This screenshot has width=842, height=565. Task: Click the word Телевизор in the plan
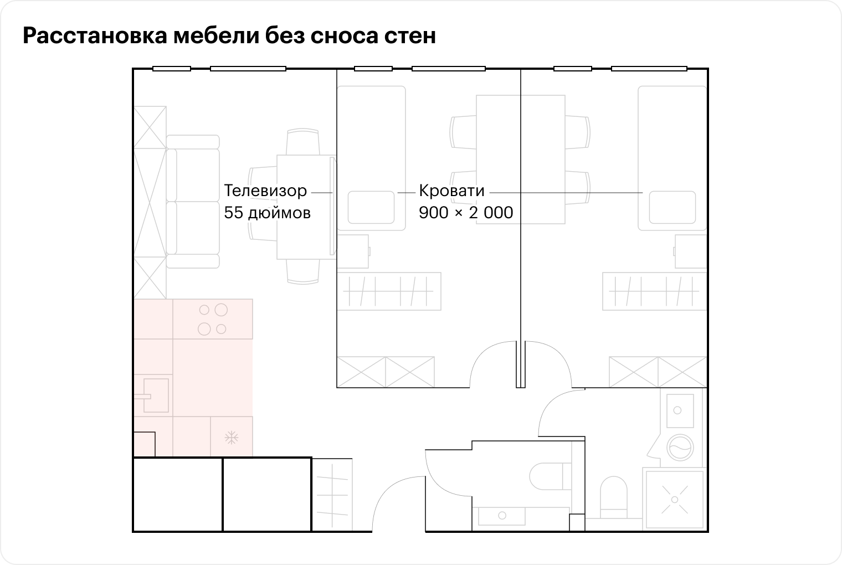pos(265,191)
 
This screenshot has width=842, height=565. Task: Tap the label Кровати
pos(451,191)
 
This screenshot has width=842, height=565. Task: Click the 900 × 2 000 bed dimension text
pos(466,213)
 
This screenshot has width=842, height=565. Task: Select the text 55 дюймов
pos(267,213)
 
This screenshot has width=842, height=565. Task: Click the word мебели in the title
pos(216,35)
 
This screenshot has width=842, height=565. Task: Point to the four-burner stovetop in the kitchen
pos(213,319)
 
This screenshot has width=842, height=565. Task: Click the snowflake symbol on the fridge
pos(231,438)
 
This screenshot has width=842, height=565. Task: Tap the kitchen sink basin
pos(156,395)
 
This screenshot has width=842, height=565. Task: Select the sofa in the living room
pos(193,202)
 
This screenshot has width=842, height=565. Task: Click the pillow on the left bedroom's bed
pos(371,207)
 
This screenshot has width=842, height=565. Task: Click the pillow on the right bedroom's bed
pos(672,207)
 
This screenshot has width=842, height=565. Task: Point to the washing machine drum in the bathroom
pos(680,448)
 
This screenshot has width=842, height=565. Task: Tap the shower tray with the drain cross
pos(675,500)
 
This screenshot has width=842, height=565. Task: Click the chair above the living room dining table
pos(303,142)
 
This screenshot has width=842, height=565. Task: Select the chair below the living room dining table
pos(303,271)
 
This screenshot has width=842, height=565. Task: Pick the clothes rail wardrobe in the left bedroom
pos(389,291)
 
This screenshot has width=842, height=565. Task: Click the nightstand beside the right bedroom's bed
pos(690,251)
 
